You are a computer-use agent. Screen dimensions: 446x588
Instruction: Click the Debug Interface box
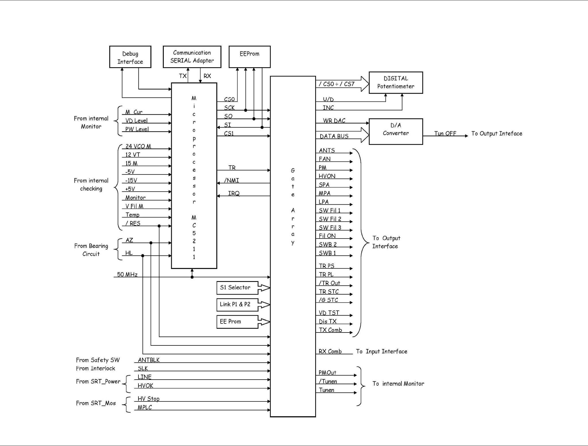coord(130,57)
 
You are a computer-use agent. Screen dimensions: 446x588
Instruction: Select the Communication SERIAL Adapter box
coord(192,57)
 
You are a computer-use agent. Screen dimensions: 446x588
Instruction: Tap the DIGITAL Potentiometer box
coord(396,82)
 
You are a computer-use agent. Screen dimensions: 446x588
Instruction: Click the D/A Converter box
coord(396,131)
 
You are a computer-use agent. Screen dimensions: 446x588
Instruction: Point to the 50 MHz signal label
coord(127,274)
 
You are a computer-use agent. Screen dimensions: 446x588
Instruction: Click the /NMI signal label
coord(231,180)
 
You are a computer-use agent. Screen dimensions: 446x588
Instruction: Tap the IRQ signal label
coord(234,193)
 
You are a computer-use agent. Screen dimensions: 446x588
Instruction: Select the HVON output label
coord(327,176)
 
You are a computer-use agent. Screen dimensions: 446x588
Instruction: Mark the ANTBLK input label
coord(149,360)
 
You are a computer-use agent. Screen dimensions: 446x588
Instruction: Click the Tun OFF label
coord(445,133)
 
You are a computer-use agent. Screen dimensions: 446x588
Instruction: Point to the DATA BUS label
coord(334,136)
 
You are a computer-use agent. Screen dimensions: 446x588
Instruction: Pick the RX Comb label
coord(330,351)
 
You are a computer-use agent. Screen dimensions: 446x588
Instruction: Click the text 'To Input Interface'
coord(381,351)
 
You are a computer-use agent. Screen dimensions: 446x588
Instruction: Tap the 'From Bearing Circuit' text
coord(91,250)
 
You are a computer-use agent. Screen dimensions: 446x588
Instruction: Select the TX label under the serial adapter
coord(183,76)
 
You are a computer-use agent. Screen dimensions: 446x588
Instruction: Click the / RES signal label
coord(133,223)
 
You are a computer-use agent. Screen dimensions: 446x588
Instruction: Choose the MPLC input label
coord(144,407)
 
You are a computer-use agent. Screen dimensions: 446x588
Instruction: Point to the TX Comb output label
coord(330,330)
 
